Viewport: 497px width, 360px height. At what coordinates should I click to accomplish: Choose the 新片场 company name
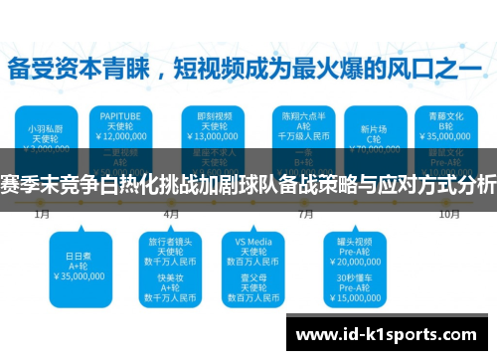(375, 128)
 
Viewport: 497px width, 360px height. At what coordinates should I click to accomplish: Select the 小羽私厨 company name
(43, 128)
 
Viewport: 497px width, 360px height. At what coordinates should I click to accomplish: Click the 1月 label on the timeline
(43, 213)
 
